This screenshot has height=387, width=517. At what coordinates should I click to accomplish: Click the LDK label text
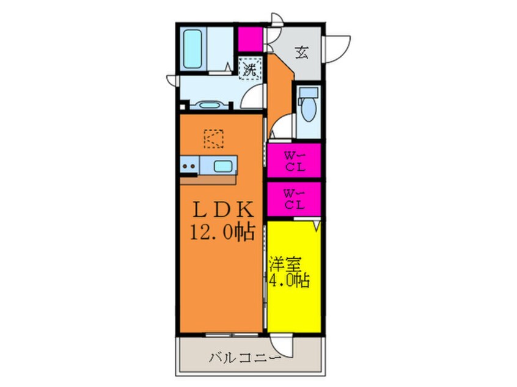point(223,209)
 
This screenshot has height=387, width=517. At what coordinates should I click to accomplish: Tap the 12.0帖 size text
point(222,233)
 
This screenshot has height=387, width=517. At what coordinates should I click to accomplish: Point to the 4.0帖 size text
point(290,281)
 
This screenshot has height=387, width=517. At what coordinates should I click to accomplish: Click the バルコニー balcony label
point(245,357)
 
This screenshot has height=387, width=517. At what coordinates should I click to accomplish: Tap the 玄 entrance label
point(302,52)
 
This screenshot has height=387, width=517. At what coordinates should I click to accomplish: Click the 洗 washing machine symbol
point(249,68)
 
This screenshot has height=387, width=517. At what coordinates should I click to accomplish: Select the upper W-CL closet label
point(295,161)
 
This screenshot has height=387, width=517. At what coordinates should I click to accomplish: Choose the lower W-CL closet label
point(295,200)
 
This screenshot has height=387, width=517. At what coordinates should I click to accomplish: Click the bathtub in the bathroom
point(193,49)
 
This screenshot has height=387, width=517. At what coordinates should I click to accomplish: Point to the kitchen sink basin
point(222,165)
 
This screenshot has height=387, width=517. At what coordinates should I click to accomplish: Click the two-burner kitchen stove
point(189,166)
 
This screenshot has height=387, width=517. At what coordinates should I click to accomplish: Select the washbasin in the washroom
point(210,105)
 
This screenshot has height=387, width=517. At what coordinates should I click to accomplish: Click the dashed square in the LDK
point(214,139)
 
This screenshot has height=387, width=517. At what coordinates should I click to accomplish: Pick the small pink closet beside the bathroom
point(251,39)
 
